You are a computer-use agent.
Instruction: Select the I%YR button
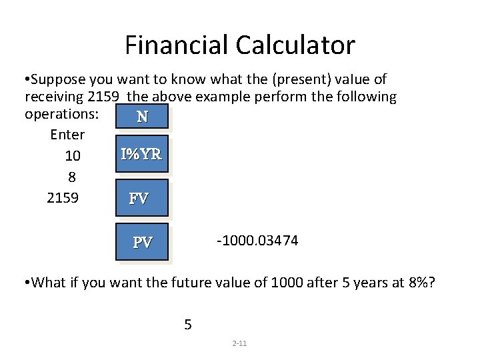tap(141, 155)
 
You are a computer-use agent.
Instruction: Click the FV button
tap(141, 198)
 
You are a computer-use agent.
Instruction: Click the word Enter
tap(67, 135)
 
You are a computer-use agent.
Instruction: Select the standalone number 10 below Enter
tap(73, 156)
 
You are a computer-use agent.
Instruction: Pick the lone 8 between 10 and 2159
tap(72, 177)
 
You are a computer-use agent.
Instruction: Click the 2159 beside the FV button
tap(63, 198)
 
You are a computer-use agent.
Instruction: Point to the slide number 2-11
tap(239, 343)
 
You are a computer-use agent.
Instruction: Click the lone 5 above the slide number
tap(188, 325)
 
